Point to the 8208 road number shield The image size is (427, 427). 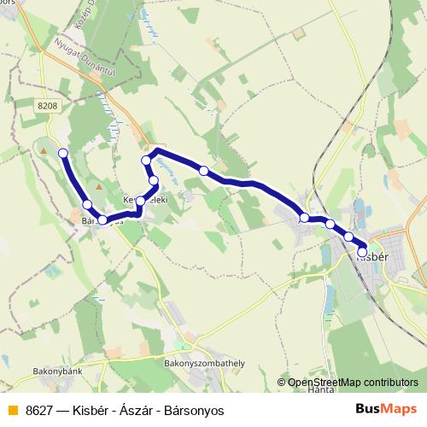click(x=49, y=105)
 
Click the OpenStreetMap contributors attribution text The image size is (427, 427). click(x=353, y=382)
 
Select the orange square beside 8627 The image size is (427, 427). click(x=11, y=410)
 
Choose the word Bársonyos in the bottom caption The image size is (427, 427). click(x=196, y=410)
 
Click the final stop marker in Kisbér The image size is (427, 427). click(x=362, y=252)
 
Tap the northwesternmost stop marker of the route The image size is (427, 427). click(x=62, y=153)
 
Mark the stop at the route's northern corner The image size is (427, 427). click(x=146, y=160)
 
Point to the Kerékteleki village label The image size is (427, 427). click(x=146, y=198)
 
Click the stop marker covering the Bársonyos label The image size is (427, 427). click(x=103, y=220)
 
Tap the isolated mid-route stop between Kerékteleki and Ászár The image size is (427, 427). click(x=203, y=171)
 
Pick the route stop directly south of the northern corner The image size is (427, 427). click(x=154, y=180)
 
